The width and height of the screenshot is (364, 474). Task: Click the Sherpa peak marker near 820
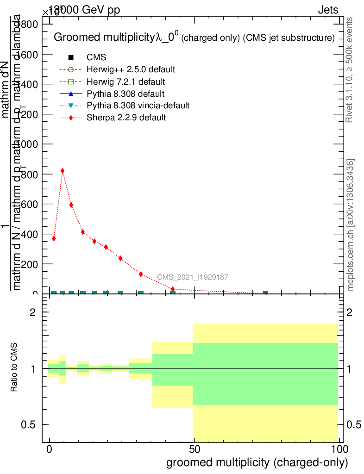(63, 171)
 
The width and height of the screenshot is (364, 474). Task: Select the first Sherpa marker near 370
(54, 238)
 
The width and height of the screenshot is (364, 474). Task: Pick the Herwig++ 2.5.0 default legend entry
(131, 69)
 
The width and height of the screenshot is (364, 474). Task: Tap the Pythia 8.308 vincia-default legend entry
(138, 106)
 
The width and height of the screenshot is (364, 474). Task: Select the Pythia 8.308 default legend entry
(125, 94)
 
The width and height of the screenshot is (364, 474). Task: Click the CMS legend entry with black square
(96, 57)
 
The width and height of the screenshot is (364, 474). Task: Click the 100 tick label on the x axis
(339, 449)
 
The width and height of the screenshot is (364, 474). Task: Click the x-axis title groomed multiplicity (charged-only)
(257, 462)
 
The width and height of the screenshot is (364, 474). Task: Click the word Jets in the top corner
(328, 10)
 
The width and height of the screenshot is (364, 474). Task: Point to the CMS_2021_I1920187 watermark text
(192, 277)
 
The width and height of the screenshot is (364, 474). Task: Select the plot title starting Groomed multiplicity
(194, 38)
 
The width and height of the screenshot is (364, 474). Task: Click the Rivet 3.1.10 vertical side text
(349, 69)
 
